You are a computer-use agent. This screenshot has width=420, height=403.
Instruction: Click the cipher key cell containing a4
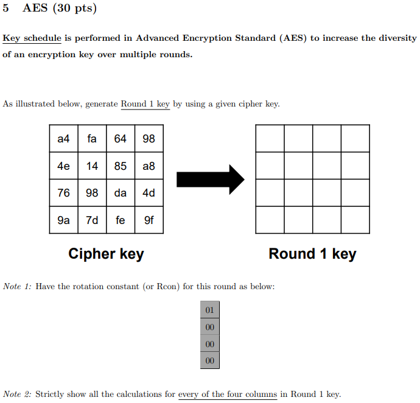[63, 139]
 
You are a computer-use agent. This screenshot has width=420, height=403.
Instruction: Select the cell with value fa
[92, 139]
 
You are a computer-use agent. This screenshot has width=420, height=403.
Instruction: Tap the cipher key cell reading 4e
[63, 166]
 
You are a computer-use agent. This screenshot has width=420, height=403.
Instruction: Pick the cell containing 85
[121, 166]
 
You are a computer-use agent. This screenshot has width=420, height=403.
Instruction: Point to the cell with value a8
[149, 166]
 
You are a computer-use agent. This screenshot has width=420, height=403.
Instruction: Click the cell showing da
[121, 193]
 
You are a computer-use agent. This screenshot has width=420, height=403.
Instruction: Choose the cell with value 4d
[149, 193]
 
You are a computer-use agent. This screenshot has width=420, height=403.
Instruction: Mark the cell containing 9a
[63, 220]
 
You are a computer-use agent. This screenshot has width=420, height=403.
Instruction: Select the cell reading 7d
[92, 220]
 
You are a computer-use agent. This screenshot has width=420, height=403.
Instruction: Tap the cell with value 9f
[149, 220]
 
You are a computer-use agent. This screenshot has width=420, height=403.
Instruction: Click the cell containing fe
[121, 220]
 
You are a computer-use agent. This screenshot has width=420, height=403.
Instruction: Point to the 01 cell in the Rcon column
[210, 310]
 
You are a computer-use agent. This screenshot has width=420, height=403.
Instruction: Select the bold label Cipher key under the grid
[106, 254]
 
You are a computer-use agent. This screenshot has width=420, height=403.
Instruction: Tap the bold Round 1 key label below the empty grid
[312, 254]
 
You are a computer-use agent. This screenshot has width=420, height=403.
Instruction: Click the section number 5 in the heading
[5, 9]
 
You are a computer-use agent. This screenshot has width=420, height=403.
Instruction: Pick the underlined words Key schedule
[32, 38]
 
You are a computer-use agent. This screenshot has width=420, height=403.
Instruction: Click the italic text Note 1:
[17, 286]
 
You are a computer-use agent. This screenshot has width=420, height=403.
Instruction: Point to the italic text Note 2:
[17, 394]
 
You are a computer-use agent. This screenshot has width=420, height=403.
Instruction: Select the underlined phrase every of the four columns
[227, 394]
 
